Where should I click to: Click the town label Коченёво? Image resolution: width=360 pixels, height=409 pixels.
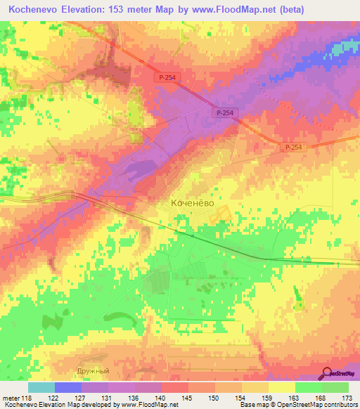pyautogui.click(x=193, y=202)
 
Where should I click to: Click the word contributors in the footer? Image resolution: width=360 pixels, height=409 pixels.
pyautogui.click(x=340, y=405)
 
